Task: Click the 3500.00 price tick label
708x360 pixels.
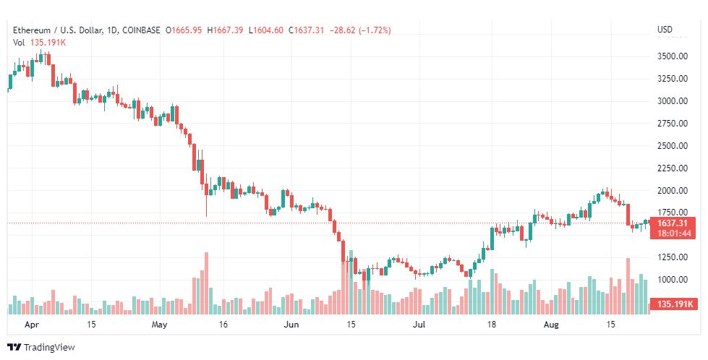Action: tap(673, 56)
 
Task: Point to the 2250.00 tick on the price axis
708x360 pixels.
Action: tap(673, 168)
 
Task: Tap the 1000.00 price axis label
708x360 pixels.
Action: tap(673, 280)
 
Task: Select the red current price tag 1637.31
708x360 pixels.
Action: tap(672, 223)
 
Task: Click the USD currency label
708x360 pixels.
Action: tap(665, 30)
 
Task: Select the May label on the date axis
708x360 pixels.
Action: tap(159, 325)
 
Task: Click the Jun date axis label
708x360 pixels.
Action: tap(291, 325)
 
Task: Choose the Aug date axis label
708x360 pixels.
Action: tap(551, 325)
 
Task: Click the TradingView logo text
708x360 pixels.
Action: tap(48, 348)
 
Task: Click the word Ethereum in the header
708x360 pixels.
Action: tap(30, 30)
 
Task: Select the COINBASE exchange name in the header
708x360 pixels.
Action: tap(141, 30)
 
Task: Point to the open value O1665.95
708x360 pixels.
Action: tap(184, 30)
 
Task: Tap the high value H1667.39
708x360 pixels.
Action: tap(225, 30)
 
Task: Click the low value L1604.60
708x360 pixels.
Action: tap(266, 30)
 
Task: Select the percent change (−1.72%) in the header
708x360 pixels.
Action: tap(375, 30)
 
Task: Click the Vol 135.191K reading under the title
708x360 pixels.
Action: tap(39, 43)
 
